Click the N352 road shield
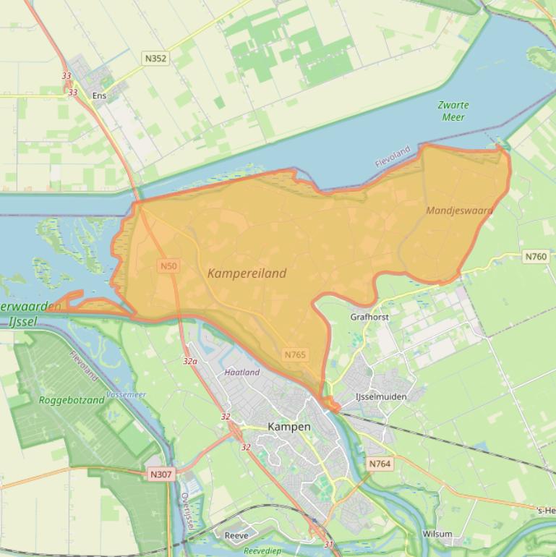pyautogui.click(x=155, y=58)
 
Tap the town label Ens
pyautogui.click(x=99, y=95)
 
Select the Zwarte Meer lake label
pyautogui.click(x=453, y=111)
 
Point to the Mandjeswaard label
pyautogui.click(x=460, y=211)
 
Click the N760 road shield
pyautogui.click(x=536, y=257)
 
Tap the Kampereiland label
pyautogui.click(x=247, y=273)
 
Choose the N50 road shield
pyautogui.click(x=168, y=266)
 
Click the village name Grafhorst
pyautogui.click(x=369, y=317)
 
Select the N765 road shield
pyautogui.click(x=295, y=354)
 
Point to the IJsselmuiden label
pyautogui.click(x=381, y=396)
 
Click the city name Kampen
pyautogui.click(x=289, y=427)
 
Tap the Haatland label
pyautogui.click(x=241, y=373)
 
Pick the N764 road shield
pyautogui.click(x=380, y=464)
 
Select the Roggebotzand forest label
pyautogui.click(x=72, y=400)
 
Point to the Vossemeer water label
pyautogui.click(x=126, y=395)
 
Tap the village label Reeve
pyautogui.click(x=236, y=535)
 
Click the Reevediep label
pyautogui.click(x=262, y=550)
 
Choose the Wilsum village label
pyautogui.click(x=437, y=534)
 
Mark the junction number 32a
pyautogui.click(x=190, y=360)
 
